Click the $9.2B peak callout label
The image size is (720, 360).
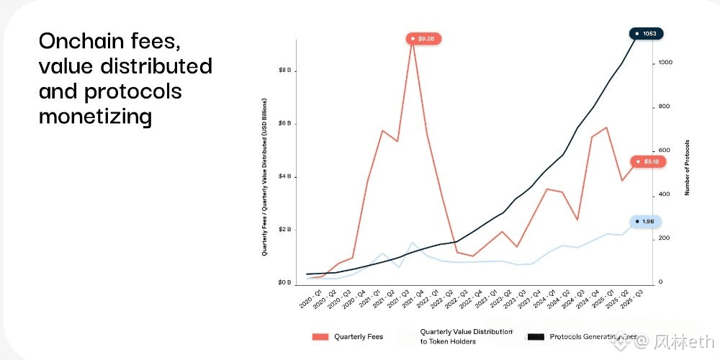(423, 38)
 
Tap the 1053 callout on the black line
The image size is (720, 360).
(647, 33)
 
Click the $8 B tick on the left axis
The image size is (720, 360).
(284, 71)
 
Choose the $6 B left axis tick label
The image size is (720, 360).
(284, 124)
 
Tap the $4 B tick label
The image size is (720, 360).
(284, 177)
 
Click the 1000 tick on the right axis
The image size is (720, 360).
(665, 63)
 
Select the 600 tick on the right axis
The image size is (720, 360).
(663, 150)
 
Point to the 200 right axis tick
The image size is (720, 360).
(663, 238)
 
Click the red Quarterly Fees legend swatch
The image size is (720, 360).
(320, 336)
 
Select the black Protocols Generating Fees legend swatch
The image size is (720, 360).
(535, 336)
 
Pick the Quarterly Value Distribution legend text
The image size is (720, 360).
(467, 336)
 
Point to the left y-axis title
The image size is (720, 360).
(265, 177)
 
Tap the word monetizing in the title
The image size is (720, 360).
(94, 116)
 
